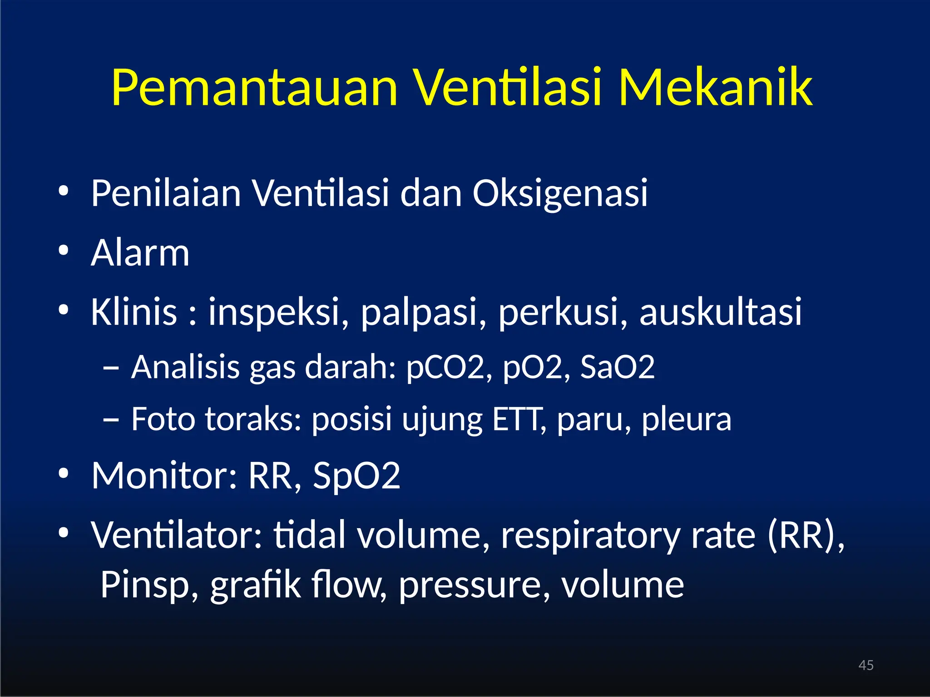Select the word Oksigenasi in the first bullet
pyautogui.click(x=560, y=194)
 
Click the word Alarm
pyautogui.click(x=140, y=253)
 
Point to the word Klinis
pyautogui.click(x=134, y=312)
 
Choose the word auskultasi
pyautogui.click(x=721, y=312)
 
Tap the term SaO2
pyautogui.click(x=617, y=368)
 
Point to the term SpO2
pyautogui.click(x=356, y=476)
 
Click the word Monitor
pyautogui.click(x=164, y=476)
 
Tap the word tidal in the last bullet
pyautogui.click(x=309, y=535)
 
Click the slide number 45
pyautogui.click(x=866, y=665)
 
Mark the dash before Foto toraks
pyautogui.click(x=111, y=420)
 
